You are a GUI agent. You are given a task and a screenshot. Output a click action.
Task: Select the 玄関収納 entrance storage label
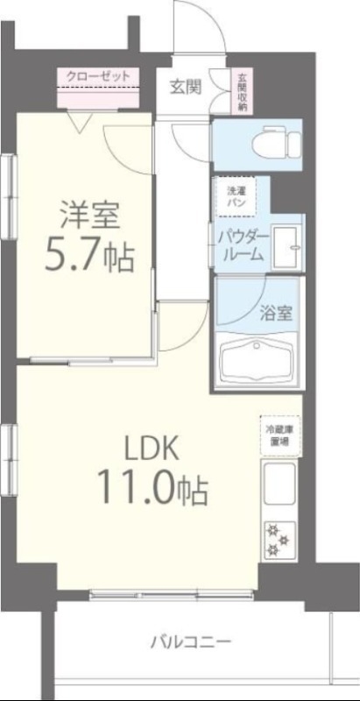pyautogui.click(x=241, y=91)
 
